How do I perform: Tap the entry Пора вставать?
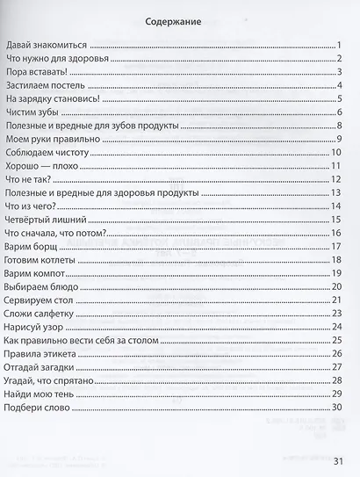30,72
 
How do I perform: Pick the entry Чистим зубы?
32,112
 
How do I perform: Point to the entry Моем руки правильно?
50,139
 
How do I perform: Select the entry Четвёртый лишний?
45,219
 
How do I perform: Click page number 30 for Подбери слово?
335,407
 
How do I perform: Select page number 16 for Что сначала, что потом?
335,232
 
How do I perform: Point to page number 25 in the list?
335,339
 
